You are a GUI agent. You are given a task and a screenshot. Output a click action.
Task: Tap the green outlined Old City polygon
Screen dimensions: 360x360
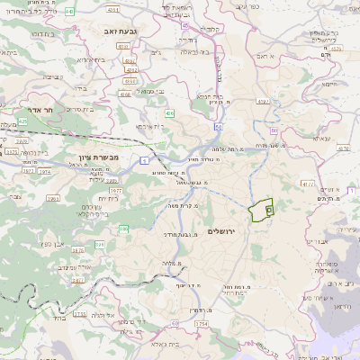[261, 210]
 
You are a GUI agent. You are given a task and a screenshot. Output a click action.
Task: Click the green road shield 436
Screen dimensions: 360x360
[169, 113]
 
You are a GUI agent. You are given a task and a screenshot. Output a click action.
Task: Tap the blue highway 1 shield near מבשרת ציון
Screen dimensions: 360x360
[143, 160]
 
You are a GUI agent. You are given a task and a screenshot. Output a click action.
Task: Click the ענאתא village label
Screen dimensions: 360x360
[319, 139]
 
